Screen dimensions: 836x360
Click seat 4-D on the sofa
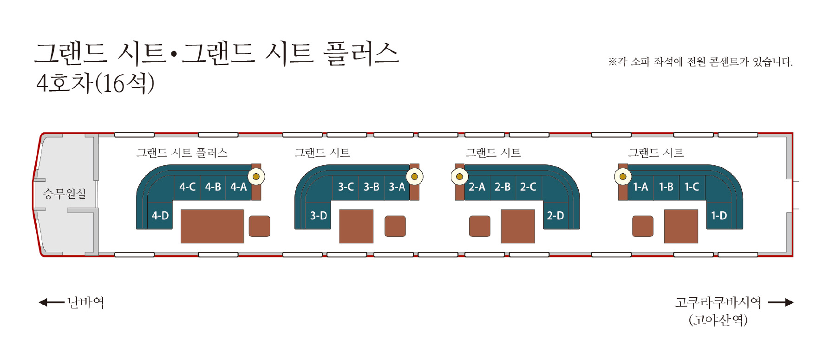pos(160,216)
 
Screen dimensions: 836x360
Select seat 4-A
pos(238,187)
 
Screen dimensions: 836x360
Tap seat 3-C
pos(346,187)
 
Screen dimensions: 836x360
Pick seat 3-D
pos(319,216)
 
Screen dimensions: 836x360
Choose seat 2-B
pos(503,187)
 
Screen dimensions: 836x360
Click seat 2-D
pos(555,216)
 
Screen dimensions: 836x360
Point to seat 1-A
pos(640,187)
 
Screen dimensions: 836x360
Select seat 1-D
pos(719,216)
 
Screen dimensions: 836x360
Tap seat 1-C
pos(692,187)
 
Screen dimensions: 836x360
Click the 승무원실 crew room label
pos(65,193)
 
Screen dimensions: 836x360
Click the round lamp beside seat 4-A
pos(256,177)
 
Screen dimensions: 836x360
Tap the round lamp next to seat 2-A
pos(459,177)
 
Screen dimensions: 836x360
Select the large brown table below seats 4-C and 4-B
pos(212,226)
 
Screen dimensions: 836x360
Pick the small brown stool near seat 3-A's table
pos(395,226)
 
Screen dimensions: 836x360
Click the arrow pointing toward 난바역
pos(52,302)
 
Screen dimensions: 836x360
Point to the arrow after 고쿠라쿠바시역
pos(781,302)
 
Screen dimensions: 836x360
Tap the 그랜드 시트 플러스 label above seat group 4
pos(182,152)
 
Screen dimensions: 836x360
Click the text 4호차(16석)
pos(95,83)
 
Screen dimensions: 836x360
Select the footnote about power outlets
pos(700,61)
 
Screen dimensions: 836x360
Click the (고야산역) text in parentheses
pos(718,320)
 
